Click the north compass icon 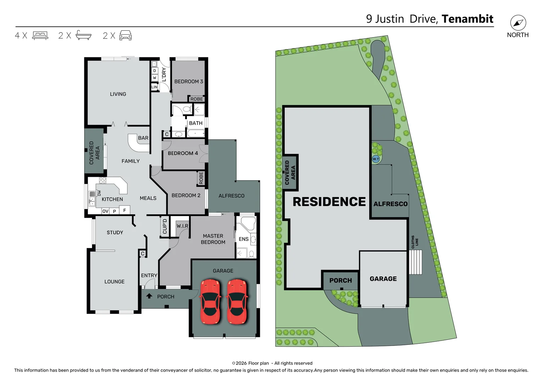pyautogui.click(x=518, y=23)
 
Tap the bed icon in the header pyautogui.click(x=40, y=35)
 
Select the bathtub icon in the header pyautogui.click(x=84, y=35)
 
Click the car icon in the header pyautogui.click(x=126, y=35)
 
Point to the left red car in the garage pyautogui.click(x=210, y=302)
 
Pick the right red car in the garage pyautogui.click(x=237, y=302)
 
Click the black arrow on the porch pyautogui.click(x=149, y=296)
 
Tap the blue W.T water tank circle pyautogui.click(x=376, y=159)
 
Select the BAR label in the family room pyautogui.click(x=143, y=138)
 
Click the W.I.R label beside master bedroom pyautogui.click(x=182, y=226)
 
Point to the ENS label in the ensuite pyautogui.click(x=244, y=239)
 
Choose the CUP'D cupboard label pyautogui.click(x=165, y=226)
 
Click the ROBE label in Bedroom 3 pyautogui.click(x=197, y=99)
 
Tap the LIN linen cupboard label pyautogui.click(x=154, y=87)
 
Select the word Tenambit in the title pyautogui.click(x=467, y=19)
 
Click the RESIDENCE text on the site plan pyautogui.click(x=329, y=202)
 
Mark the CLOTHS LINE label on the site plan pyautogui.click(x=415, y=242)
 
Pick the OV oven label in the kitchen pyautogui.click(x=106, y=211)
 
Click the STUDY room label pyautogui.click(x=115, y=232)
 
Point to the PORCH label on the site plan pyautogui.click(x=341, y=280)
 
